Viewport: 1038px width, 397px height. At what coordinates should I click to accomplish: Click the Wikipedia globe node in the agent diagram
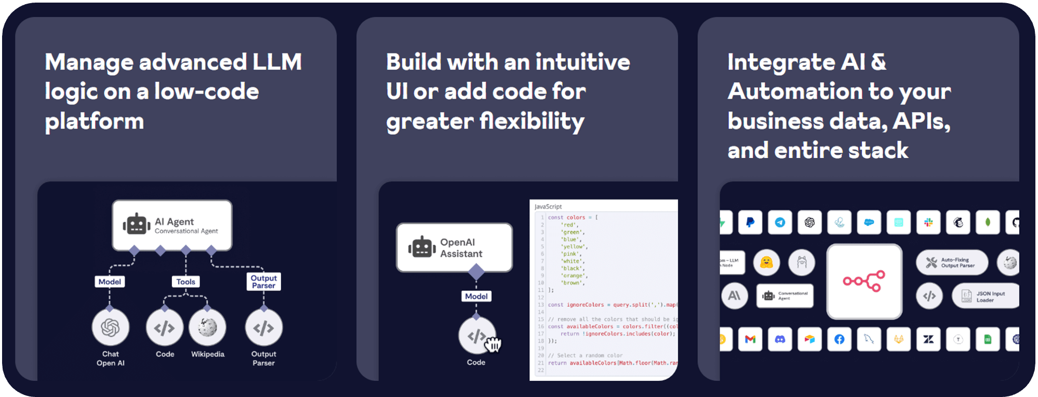(207, 327)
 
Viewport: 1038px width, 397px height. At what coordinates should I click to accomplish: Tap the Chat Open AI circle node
(110, 327)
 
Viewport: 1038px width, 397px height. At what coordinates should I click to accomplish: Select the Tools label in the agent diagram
(185, 282)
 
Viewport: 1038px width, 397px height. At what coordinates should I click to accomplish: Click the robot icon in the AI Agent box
(136, 224)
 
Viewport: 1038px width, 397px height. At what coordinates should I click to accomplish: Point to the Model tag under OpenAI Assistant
(476, 296)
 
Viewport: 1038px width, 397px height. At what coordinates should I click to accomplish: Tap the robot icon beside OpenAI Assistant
(421, 247)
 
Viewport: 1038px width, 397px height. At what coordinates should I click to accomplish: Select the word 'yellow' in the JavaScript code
(574, 247)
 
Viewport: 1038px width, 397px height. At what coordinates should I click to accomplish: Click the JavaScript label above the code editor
(548, 206)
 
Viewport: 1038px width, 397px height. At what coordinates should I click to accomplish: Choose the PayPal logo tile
(750, 222)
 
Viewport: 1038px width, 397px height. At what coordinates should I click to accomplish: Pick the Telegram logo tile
(780, 222)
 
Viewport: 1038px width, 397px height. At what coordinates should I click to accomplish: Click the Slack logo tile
(928, 222)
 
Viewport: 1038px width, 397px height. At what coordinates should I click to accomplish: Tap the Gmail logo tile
(750, 339)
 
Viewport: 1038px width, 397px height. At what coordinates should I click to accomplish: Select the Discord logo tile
(780, 339)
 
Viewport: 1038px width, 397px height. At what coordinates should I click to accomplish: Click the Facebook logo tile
(840, 339)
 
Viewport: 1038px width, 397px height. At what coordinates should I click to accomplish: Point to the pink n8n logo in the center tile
(864, 281)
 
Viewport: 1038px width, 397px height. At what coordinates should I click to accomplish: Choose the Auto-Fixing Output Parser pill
(951, 262)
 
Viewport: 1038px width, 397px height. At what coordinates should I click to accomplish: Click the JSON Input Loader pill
(985, 296)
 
